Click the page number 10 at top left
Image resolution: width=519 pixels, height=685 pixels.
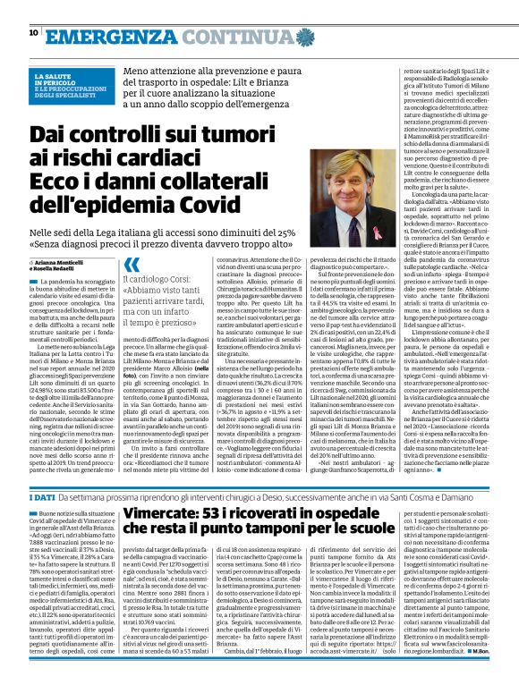click(33, 32)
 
